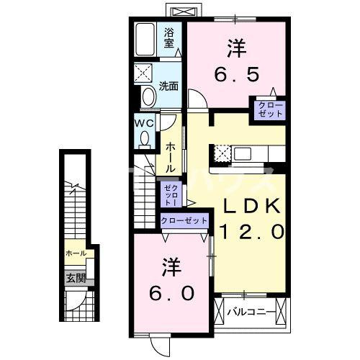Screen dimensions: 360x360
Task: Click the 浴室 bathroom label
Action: [x=169, y=38]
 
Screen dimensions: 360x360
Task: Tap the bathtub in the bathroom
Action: [x=145, y=40]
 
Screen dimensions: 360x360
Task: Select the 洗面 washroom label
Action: [x=168, y=86]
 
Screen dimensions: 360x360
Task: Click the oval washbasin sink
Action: [x=148, y=96]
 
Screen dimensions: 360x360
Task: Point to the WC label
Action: [x=144, y=124]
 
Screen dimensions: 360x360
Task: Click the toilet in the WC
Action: [x=145, y=140]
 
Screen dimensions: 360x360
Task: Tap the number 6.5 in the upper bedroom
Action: [x=236, y=74]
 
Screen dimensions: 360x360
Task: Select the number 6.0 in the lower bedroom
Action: [x=171, y=293]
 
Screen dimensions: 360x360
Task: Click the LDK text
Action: [x=252, y=206]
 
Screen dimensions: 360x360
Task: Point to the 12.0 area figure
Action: [x=252, y=232]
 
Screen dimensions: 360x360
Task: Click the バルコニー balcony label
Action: [x=251, y=312]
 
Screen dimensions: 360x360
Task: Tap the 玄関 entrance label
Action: [x=76, y=279]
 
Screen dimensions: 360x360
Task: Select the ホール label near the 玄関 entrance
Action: [x=76, y=253]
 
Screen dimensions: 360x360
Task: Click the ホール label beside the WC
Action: [x=170, y=158]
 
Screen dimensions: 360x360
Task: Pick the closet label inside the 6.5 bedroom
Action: [x=270, y=109]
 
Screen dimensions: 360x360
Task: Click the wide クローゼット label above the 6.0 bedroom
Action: [x=184, y=220]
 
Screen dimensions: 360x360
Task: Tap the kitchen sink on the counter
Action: [x=243, y=153]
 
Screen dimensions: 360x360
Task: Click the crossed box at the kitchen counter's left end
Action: [x=222, y=153]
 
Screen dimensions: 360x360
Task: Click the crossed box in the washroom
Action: [x=143, y=73]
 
